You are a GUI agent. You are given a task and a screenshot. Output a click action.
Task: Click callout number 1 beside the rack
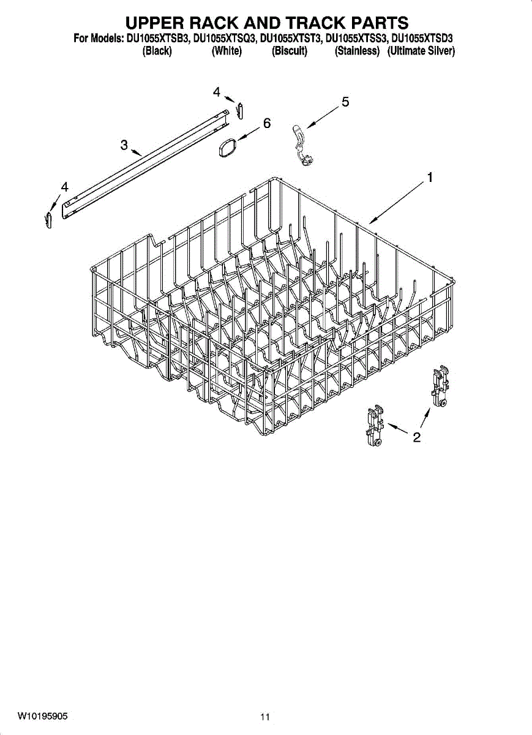click(x=430, y=178)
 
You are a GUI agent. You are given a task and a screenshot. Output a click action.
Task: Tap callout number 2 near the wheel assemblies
click(x=417, y=437)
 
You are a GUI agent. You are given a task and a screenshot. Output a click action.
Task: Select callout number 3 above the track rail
click(x=124, y=145)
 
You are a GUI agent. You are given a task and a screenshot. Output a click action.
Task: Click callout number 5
click(x=345, y=102)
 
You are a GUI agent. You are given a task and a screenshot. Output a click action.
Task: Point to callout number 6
click(x=267, y=123)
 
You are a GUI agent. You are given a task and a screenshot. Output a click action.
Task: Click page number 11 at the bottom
click(x=264, y=717)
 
